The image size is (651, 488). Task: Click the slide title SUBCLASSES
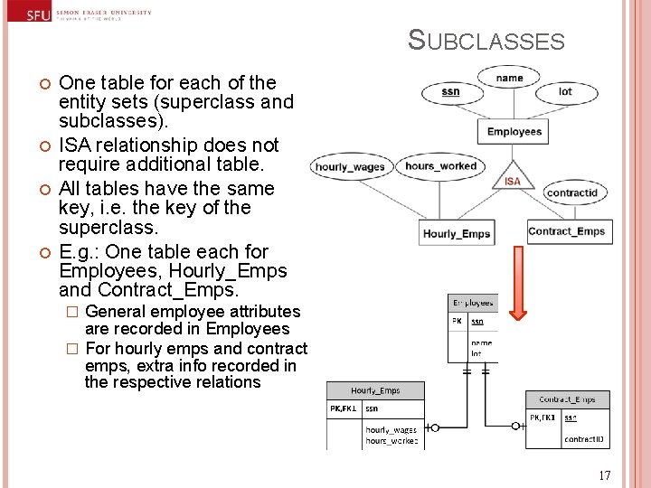(486, 41)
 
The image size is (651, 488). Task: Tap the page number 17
(605, 475)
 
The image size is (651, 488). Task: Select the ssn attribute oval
(450, 92)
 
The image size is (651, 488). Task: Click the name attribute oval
(510, 79)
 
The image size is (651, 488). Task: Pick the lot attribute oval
(565, 92)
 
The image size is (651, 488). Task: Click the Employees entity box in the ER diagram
(514, 132)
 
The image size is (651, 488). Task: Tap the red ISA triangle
(513, 178)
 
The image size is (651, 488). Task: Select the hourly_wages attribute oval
(349, 166)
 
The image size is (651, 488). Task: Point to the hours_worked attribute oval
(440, 166)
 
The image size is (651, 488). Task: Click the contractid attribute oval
(572, 192)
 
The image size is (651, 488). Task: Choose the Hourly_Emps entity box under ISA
(457, 234)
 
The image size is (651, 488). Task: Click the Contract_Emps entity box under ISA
(566, 231)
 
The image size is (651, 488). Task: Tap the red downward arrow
(517, 302)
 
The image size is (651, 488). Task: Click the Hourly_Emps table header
(375, 390)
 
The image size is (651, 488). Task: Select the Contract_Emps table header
(567, 399)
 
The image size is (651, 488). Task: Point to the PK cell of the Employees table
(458, 320)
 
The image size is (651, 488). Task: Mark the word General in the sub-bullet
(117, 312)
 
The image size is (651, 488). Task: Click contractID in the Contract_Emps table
(584, 439)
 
